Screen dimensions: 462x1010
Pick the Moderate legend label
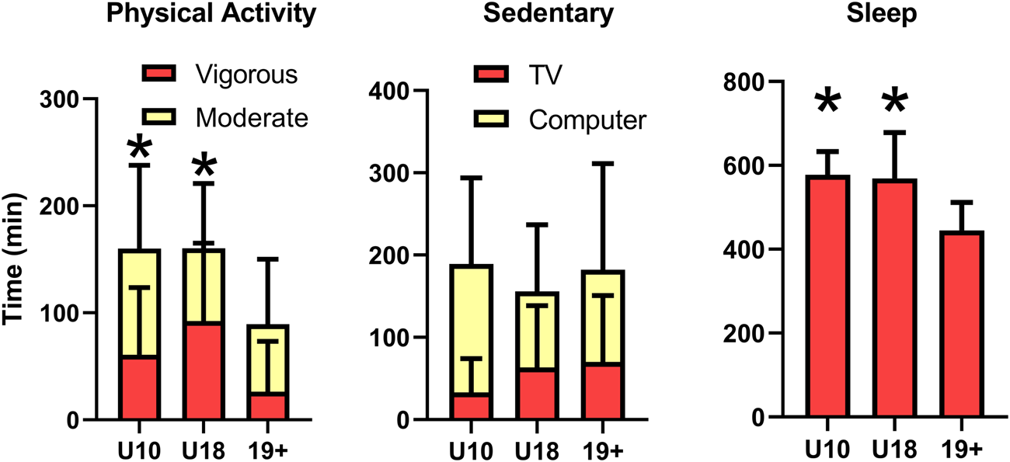point(252,118)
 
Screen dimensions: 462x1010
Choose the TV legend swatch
point(491,75)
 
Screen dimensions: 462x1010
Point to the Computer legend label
point(587,121)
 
